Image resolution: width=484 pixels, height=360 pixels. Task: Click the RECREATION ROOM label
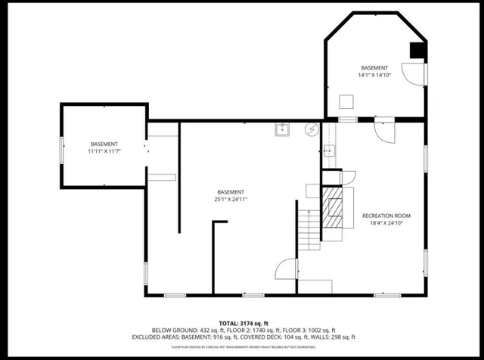[x=386, y=215]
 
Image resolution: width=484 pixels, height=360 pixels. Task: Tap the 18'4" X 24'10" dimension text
[x=386, y=223]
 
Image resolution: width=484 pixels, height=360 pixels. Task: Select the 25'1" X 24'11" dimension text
[x=231, y=200]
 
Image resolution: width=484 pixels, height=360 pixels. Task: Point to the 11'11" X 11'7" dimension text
[x=104, y=151]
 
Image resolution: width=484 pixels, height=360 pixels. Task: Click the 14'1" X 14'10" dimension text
[x=374, y=75]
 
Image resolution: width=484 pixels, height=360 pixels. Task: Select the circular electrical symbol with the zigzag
[x=310, y=129]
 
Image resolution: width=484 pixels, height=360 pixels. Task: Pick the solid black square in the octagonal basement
[x=417, y=50]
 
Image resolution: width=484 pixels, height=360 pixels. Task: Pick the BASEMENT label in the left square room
[x=104, y=144]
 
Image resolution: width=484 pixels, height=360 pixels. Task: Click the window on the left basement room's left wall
[x=61, y=147]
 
